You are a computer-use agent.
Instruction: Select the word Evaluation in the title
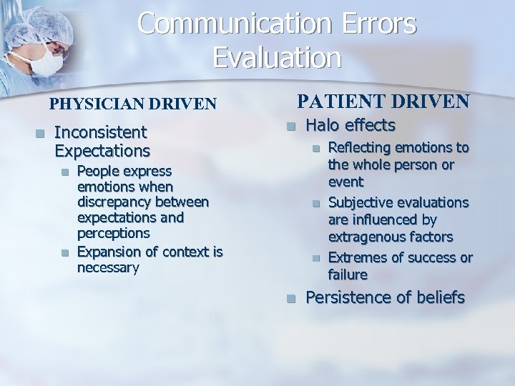click(277, 58)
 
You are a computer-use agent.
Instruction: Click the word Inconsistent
click(100, 132)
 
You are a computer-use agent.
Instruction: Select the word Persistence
click(349, 298)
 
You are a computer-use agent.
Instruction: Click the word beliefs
click(438, 298)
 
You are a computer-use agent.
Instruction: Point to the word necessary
click(108, 267)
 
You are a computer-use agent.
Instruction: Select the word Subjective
click(362, 203)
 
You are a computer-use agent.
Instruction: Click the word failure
click(348, 274)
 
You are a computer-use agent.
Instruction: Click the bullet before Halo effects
click(290, 127)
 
